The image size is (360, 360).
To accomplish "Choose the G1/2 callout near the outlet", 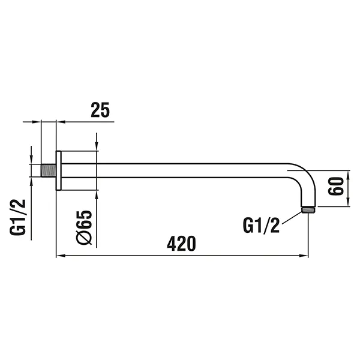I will click(261, 226).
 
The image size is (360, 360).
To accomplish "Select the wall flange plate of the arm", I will click(58, 170).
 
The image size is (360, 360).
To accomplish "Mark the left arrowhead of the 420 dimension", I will click(60, 257).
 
